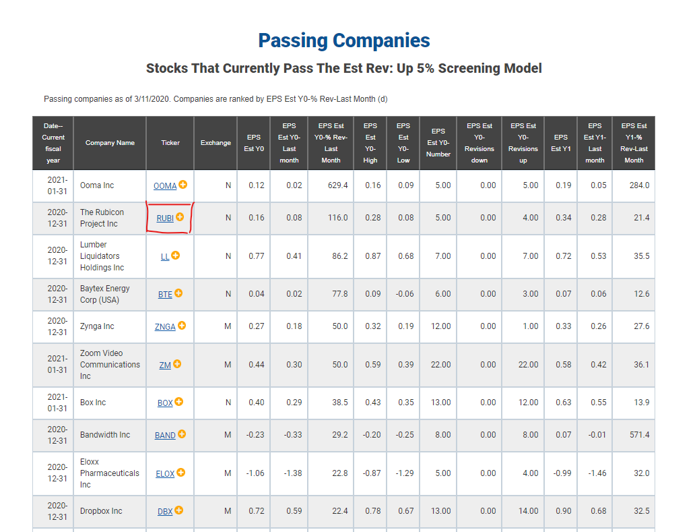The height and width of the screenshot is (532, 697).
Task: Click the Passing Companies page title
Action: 344,41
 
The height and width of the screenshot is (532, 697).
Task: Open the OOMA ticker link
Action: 165,186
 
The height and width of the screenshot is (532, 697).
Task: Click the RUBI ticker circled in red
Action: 165,218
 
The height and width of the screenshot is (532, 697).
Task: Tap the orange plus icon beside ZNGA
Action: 182,326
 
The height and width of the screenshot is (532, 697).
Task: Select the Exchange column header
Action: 215,143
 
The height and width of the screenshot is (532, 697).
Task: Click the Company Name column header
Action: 110,143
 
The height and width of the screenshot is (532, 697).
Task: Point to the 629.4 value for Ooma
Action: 338,185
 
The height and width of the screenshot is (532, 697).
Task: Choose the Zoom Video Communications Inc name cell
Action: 110,365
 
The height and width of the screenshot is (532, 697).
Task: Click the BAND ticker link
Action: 165,436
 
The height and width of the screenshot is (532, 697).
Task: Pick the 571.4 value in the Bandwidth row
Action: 639,434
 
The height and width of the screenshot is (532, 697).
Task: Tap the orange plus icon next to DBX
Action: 178,510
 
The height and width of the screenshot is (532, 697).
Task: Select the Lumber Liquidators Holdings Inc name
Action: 102,256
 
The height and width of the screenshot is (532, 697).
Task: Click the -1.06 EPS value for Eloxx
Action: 255,473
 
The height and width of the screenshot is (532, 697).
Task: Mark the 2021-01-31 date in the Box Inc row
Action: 57,403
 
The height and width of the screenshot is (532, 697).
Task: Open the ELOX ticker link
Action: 165,474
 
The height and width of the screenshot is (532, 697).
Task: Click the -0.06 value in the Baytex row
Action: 405,294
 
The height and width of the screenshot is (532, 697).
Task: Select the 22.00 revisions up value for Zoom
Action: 528,365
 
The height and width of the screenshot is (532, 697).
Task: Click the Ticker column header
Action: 170,143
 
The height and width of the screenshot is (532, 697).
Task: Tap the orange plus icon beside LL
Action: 176,255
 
